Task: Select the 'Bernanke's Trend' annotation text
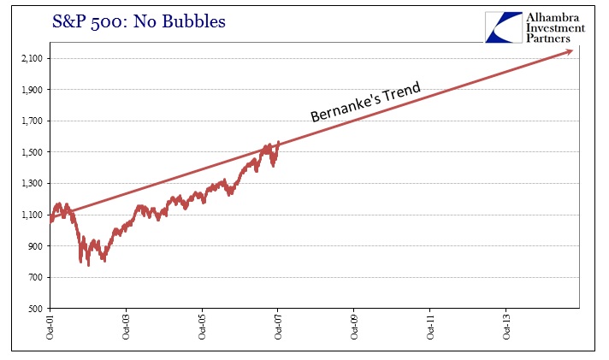point(366,101)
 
